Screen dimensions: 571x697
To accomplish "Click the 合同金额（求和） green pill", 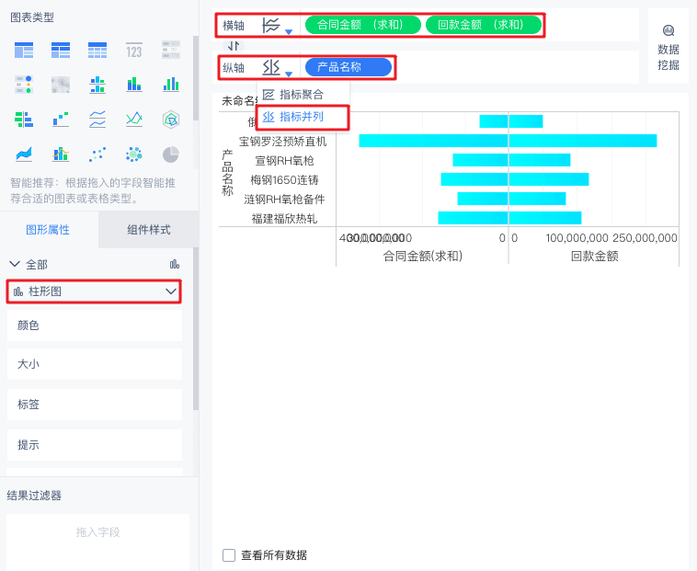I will pos(362,26).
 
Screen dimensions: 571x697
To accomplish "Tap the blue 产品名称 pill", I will pos(348,67).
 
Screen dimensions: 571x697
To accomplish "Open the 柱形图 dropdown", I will pos(94,291).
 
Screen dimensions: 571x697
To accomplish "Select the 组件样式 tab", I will pos(149,229).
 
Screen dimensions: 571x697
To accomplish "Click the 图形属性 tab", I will pos(48,229).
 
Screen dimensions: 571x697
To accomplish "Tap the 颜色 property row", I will pos(94,325).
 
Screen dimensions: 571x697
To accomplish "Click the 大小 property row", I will pos(94,365).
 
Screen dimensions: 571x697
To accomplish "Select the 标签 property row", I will pos(94,405).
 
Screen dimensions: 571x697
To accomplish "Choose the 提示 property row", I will pos(94,445).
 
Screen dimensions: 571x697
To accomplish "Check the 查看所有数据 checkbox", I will pos(229,555).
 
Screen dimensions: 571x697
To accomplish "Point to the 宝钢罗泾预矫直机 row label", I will pos(282,142).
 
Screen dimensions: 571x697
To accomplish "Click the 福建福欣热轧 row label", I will pos(284,219).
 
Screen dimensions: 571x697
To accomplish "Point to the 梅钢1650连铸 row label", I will pos(289,180).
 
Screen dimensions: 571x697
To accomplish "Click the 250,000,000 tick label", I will pos(645,238).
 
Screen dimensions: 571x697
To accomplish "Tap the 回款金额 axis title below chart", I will pos(594,257).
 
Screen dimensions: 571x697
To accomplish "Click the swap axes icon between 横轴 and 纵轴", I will pos(234,46).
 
